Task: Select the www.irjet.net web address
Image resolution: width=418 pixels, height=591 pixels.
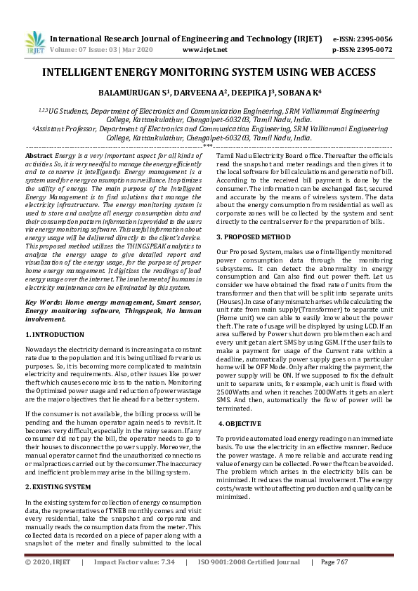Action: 204,51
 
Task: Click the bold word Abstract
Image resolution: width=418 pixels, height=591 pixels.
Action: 39,155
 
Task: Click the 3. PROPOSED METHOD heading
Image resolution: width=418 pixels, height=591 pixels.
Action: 253,237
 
